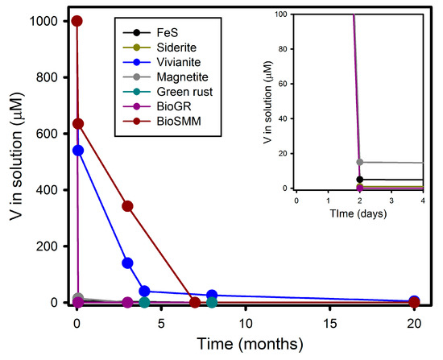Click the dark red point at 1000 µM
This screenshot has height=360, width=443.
pos(77,21)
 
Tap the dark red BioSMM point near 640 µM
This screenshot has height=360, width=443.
pos(77,124)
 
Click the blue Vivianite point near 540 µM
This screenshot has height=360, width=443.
pos(77,151)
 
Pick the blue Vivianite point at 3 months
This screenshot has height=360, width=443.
pos(127,263)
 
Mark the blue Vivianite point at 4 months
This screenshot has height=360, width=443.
pos(144,291)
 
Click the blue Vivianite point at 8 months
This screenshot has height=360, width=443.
pos(212,296)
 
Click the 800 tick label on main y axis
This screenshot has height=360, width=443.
pos(48,77)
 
